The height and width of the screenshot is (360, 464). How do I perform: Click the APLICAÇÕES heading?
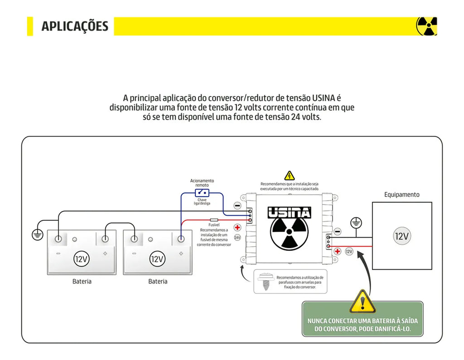75,26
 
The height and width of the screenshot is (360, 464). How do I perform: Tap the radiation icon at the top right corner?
426,26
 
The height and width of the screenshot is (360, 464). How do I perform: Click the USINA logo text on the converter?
289,213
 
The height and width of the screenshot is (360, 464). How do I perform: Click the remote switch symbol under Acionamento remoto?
202,192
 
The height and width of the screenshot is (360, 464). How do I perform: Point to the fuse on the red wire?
214,219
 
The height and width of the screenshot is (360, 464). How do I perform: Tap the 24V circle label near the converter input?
237,237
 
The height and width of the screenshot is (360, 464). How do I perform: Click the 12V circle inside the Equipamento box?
401,236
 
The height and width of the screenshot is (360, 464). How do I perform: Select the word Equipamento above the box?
401,195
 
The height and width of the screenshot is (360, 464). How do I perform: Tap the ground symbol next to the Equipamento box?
357,223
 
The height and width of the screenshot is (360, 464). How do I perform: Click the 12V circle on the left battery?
82,259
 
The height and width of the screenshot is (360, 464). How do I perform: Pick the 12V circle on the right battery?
157,259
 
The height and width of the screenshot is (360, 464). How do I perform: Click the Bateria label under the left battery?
82,282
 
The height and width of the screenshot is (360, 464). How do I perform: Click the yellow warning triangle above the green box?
362,302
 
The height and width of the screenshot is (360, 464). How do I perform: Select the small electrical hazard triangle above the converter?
289,175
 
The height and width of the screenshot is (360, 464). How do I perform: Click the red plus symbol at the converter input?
237,228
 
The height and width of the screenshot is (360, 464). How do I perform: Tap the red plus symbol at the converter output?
338,251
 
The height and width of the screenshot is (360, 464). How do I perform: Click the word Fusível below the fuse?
214,225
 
